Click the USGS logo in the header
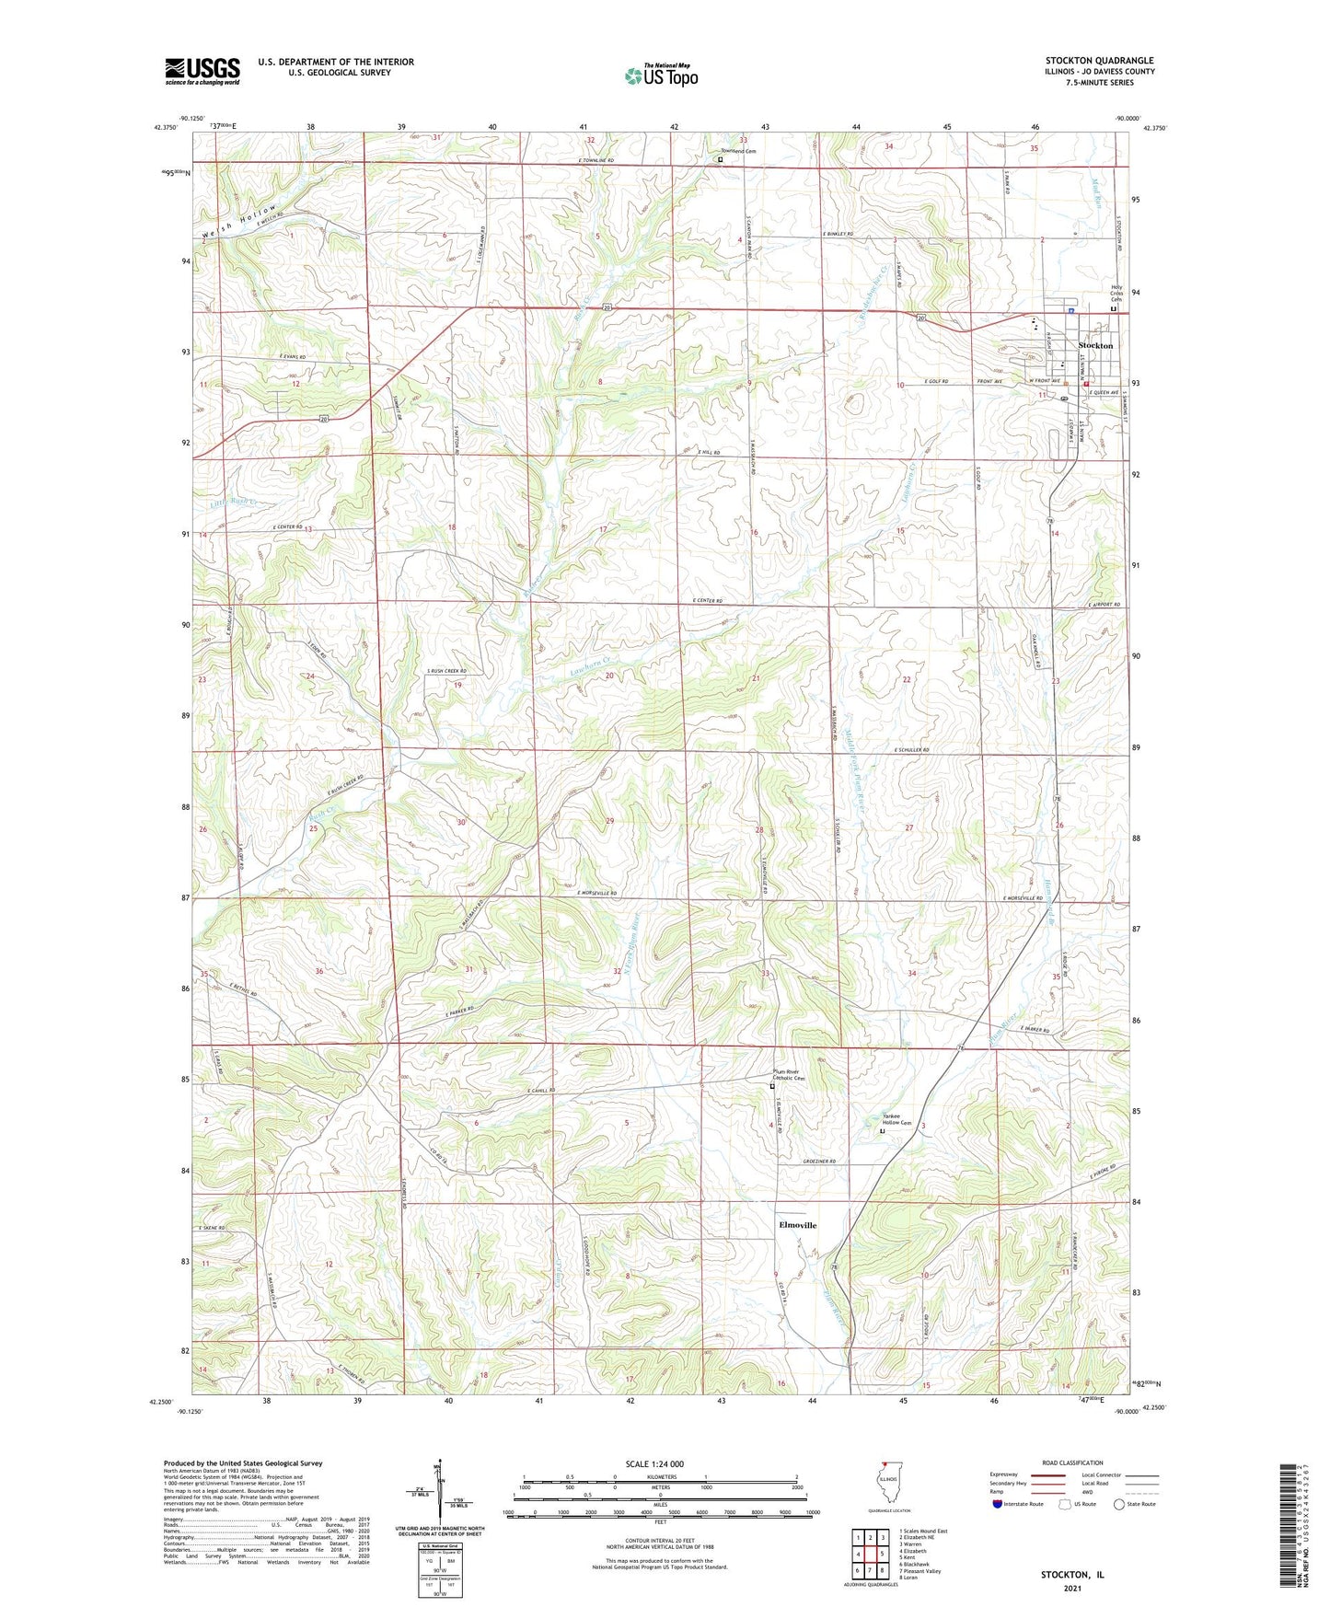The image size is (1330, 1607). click(202, 71)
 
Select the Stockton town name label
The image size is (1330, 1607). click(1095, 346)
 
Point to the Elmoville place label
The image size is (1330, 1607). click(798, 1225)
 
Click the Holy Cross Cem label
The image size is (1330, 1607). click(1116, 293)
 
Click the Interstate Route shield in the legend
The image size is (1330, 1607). click(997, 1504)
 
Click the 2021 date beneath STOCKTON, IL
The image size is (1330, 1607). click(1071, 1589)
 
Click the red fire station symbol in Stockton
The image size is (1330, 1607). click(1085, 384)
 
